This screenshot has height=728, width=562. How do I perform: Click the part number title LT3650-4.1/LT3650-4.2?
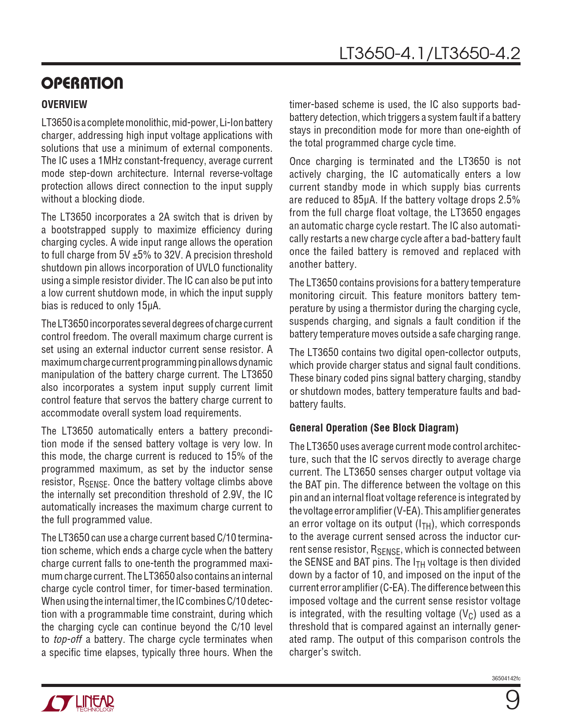pyautogui.click(x=429, y=53)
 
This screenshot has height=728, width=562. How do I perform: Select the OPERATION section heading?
pyautogui.click(x=82, y=83)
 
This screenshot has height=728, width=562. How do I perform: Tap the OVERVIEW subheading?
pyautogui.click(x=64, y=105)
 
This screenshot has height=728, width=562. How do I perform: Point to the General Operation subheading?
pyautogui.click(x=374, y=428)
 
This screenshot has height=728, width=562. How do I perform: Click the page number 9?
pyautogui.click(x=512, y=700)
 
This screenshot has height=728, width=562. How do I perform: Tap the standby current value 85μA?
pyautogui.click(x=365, y=200)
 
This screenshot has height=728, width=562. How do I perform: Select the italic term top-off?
pyautogui.click(x=67, y=640)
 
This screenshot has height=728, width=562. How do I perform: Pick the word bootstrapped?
pyautogui.click(x=78, y=230)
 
